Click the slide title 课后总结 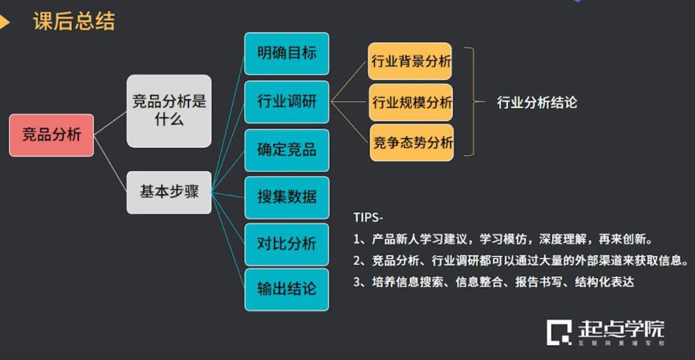point(74,22)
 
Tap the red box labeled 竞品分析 point(51,135)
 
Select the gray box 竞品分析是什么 point(169,111)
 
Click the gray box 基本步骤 point(169,192)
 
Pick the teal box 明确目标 point(287,54)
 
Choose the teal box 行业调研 point(287,102)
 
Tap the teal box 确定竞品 point(287,150)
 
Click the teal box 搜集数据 point(287,197)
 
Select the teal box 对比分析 point(287,244)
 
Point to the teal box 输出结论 point(287,289)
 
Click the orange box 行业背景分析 point(411,62)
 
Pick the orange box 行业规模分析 point(411,102)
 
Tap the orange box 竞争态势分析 point(412,143)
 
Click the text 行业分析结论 point(537,103)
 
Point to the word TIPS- point(368,218)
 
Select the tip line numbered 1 point(502,240)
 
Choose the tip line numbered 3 point(494,282)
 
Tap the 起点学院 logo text point(621,330)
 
